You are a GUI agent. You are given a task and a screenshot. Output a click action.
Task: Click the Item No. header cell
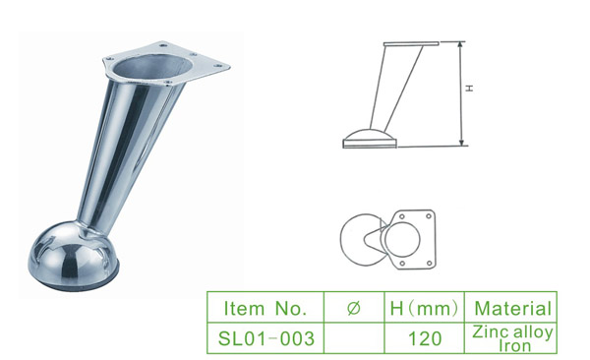(265, 307)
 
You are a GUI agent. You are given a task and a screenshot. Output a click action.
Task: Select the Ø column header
(354, 307)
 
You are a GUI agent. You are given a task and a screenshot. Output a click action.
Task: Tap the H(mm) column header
(424, 307)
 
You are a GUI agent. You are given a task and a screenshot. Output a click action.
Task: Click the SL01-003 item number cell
(265, 337)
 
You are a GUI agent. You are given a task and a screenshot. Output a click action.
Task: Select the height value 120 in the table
(424, 337)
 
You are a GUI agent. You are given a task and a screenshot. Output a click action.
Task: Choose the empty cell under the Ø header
(354, 337)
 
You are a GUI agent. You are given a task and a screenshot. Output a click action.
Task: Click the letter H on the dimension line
(469, 89)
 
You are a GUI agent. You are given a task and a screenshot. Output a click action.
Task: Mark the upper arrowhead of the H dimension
(460, 45)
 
